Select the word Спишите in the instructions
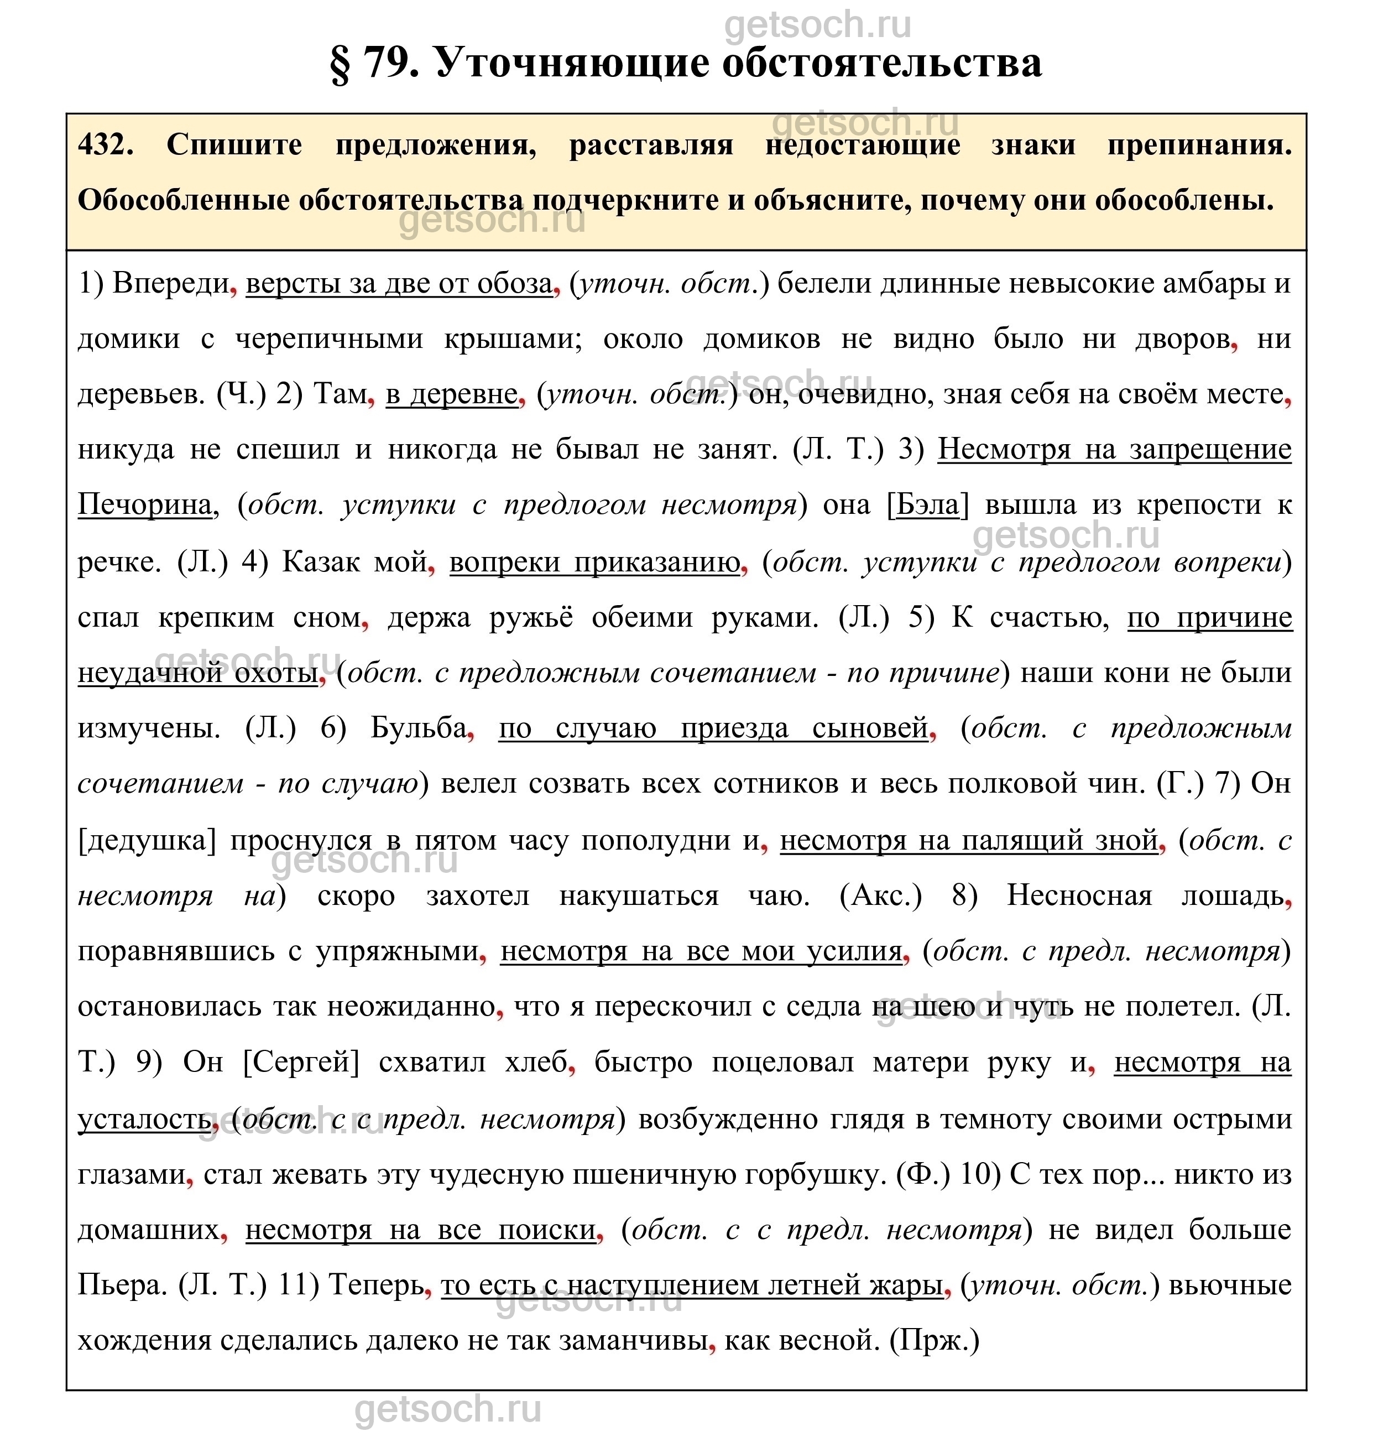coord(234,145)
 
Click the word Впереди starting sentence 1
coord(171,283)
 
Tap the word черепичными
coord(330,339)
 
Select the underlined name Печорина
coord(145,505)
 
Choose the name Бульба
coord(419,728)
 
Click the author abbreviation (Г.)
coord(1180,784)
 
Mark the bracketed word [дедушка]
coord(147,840)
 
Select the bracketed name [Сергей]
coord(301,1062)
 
